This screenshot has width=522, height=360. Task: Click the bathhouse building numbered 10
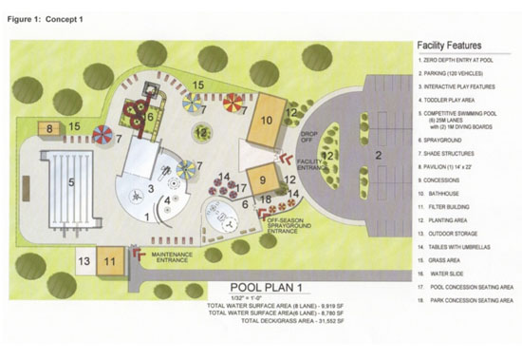[268, 119]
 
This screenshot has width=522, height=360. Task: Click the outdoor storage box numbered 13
[84, 259]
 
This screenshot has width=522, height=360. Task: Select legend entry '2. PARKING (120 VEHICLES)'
[457, 73]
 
